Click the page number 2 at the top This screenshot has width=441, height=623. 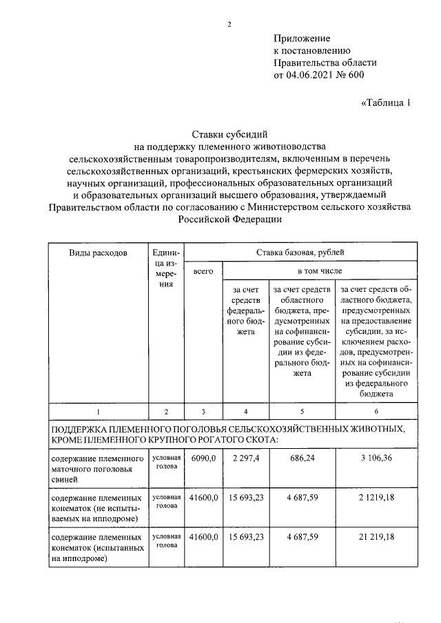[x=229, y=25]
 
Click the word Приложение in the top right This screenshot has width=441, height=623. [x=302, y=39]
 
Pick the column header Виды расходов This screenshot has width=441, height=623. [x=98, y=253]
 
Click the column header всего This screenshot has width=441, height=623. [x=203, y=273]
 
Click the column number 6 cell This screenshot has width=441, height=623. [x=376, y=412]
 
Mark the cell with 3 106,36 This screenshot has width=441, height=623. [x=376, y=458]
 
